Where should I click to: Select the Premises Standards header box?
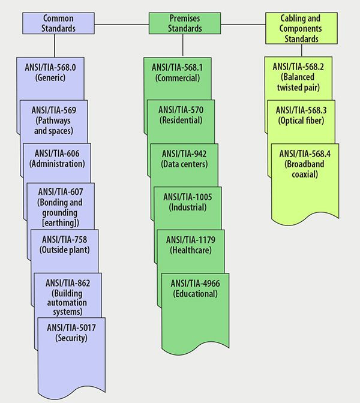[175, 23]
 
